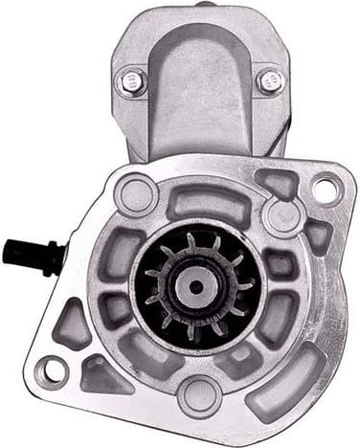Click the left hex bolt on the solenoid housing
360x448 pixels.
point(131,80)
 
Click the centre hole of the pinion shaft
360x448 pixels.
point(195,284)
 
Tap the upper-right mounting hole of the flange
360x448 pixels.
point(325,190)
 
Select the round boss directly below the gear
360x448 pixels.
point(198,392)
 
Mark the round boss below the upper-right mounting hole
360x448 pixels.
point(283,215)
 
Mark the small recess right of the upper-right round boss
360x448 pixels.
point(317,234)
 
